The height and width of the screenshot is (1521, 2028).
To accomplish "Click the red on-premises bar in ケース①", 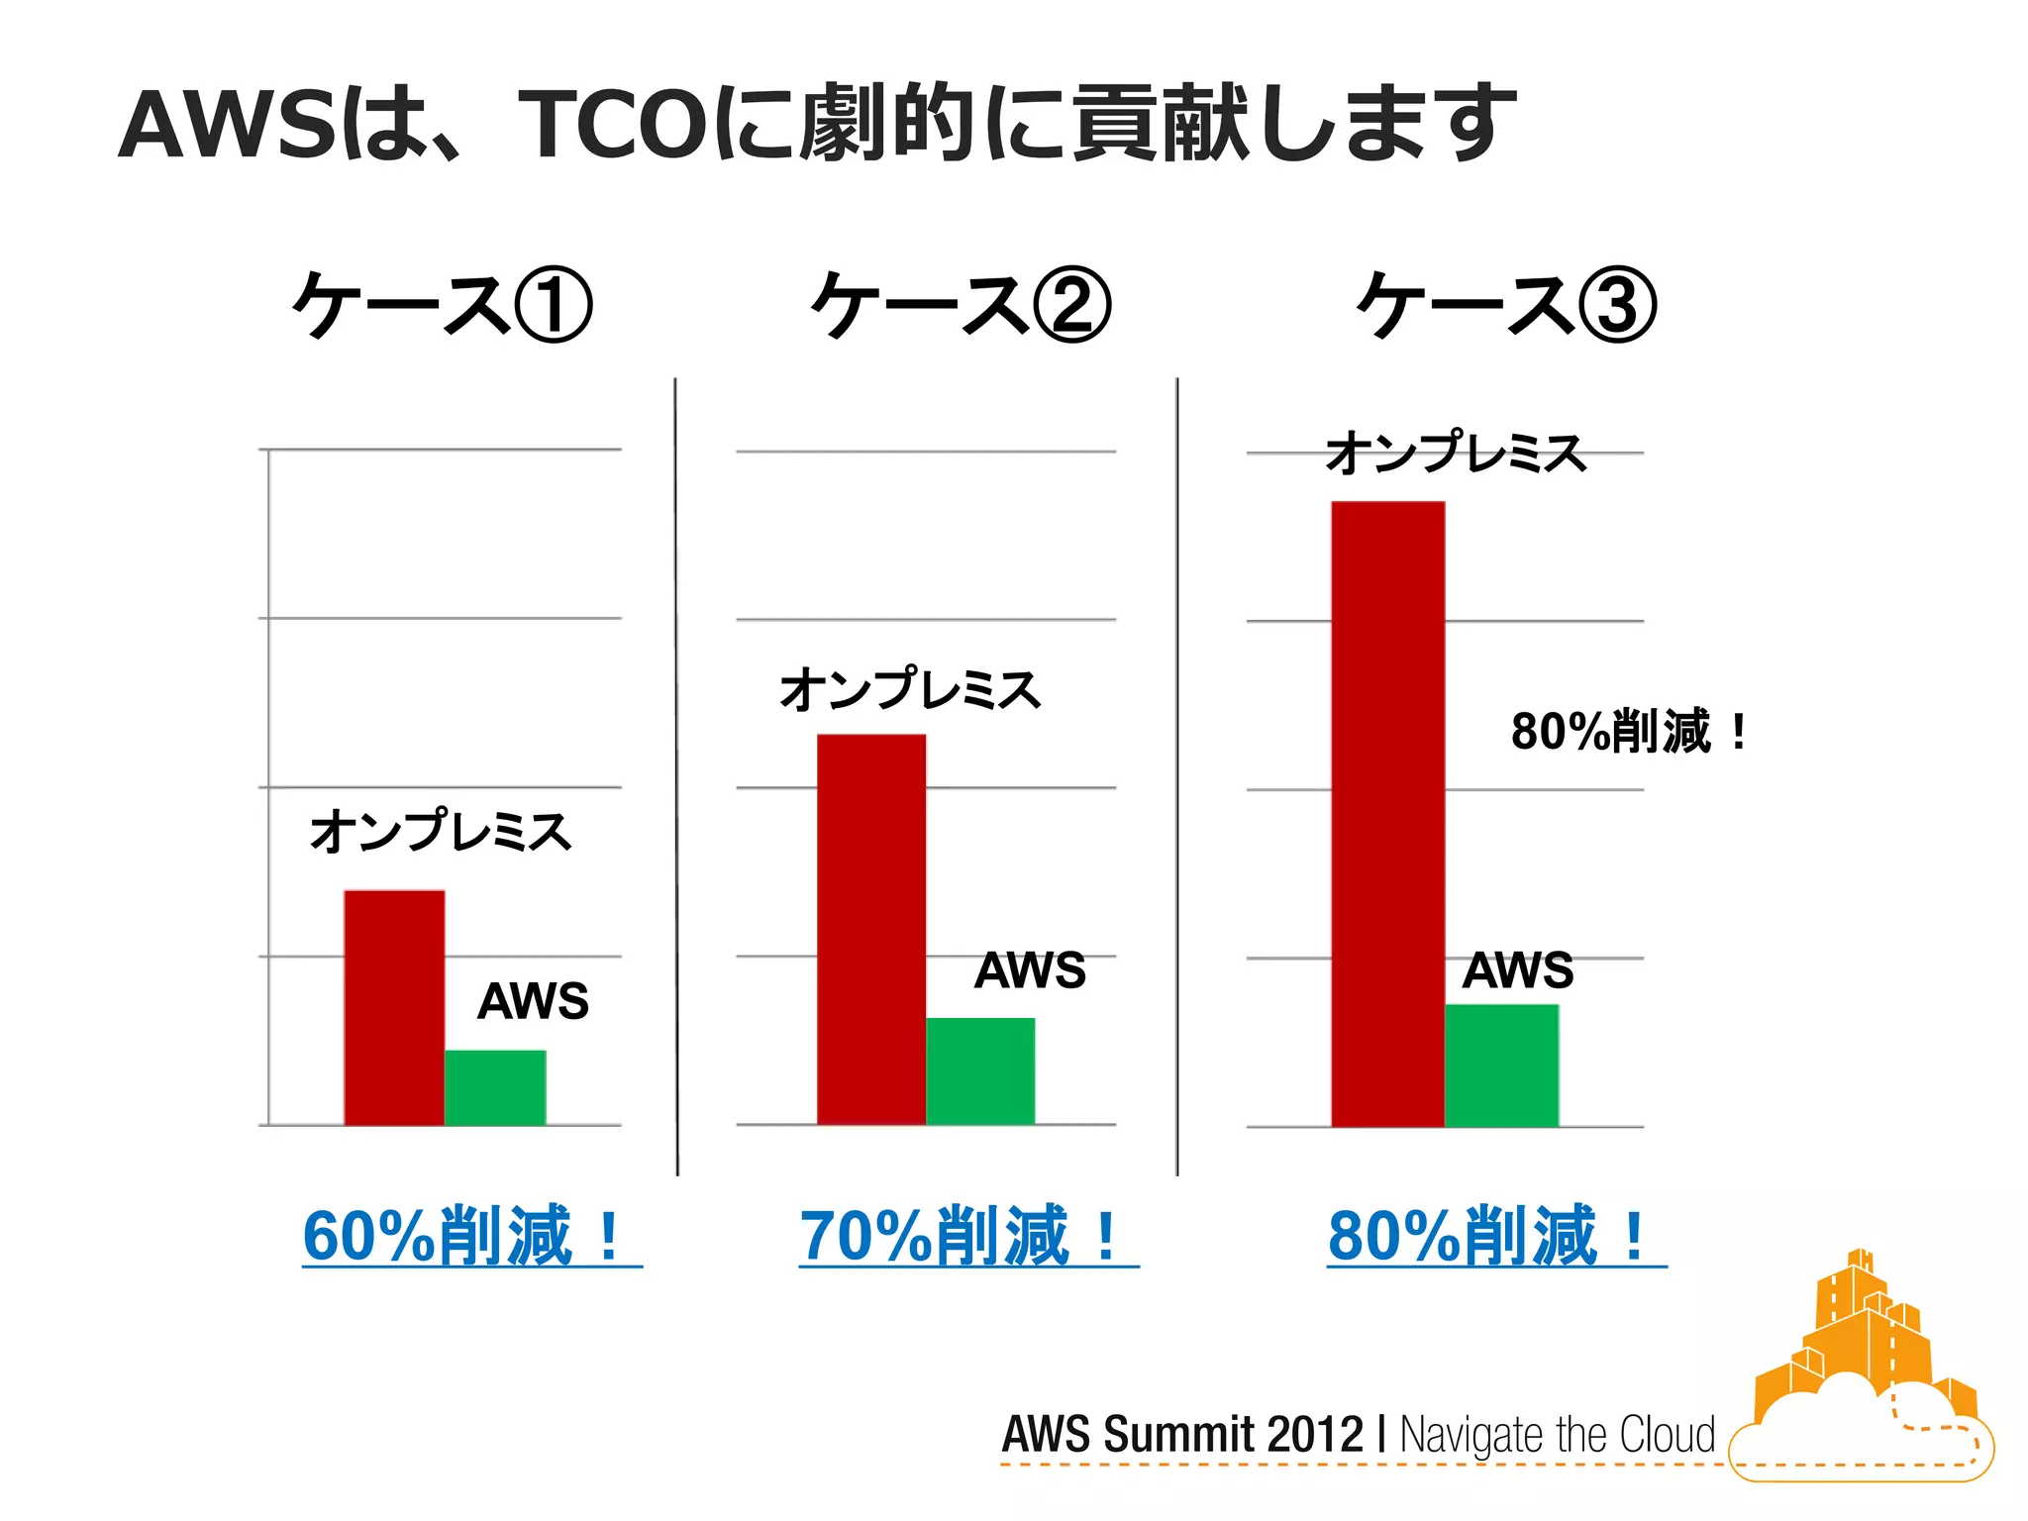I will click(x=394, y=1007).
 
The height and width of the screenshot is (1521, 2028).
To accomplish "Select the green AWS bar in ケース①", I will click(x=495, y=1087).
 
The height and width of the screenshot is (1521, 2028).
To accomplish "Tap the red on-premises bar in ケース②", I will click(x=870, y=929).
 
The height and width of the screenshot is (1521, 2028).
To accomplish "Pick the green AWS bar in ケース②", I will click(x=980, y=1070).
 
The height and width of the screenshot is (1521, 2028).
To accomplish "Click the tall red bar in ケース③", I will click(x=1387, y=814).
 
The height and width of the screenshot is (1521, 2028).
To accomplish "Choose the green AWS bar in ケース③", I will click(x=1501, y=1065).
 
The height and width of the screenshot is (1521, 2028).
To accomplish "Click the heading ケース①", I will click(x=443, y=305).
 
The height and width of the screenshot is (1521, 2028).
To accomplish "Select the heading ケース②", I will click(x=961, y=305).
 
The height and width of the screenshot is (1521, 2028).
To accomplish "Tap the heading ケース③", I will click(x=1506, y=305).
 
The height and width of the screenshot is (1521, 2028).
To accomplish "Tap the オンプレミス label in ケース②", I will click(x=910, y=689).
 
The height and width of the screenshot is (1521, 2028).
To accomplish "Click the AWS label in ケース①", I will click(x=533, y=1001).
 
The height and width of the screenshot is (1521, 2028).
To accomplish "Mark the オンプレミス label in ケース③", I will click(x=1456, y=453).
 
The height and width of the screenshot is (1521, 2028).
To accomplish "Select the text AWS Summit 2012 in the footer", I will click(x=1182, y=1434).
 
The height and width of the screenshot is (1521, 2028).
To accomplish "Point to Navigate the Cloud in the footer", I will click(x=1557, y=1434).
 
